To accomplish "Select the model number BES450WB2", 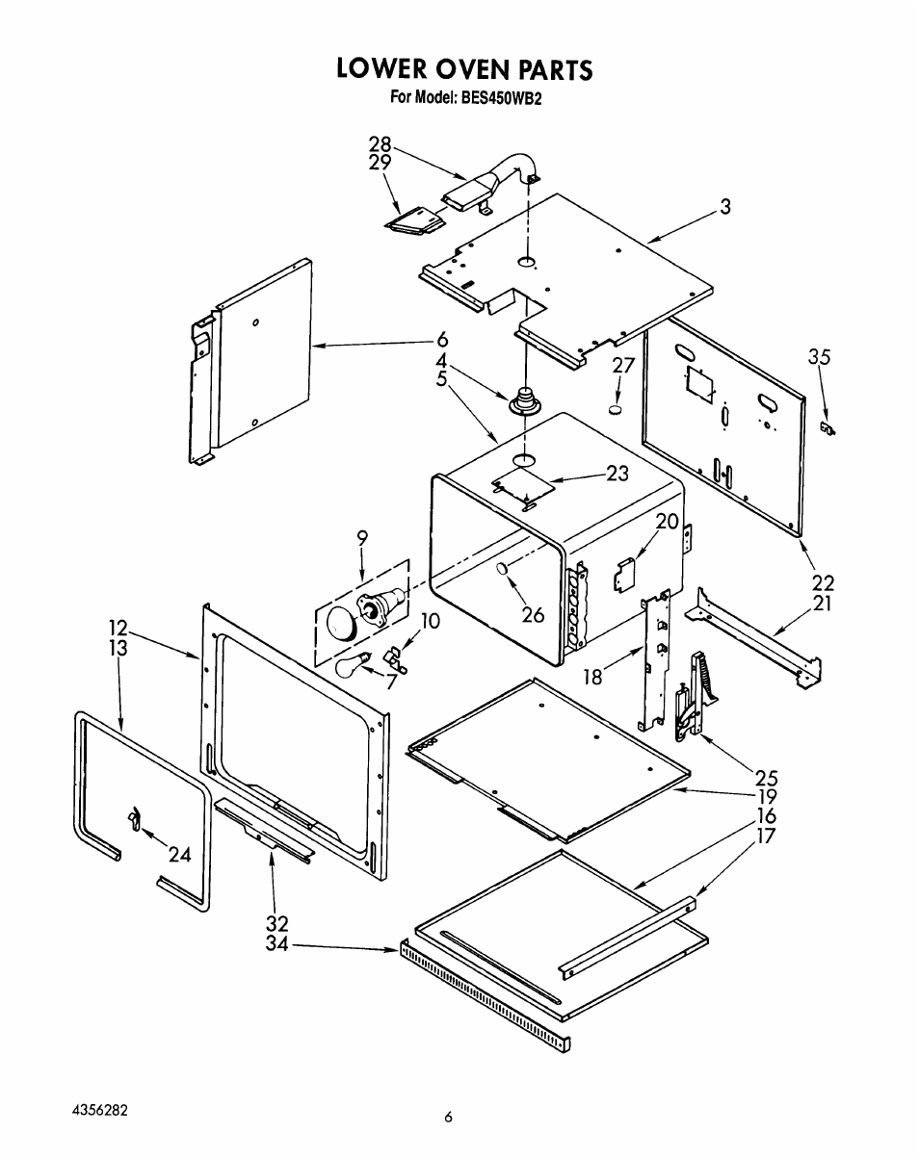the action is (499, 98).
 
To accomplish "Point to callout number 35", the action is (819, 357).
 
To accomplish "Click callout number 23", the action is (617, 474).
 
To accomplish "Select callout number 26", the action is (533, 615).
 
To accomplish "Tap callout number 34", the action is (276, 943).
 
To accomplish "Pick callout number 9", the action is (362, 537).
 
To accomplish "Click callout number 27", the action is (623, 366).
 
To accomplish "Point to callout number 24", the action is (180, 854).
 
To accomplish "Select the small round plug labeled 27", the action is (616, 410).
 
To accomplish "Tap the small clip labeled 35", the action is (827, 428).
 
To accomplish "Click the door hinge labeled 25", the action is (696, 694).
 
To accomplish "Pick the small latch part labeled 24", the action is (134, 818).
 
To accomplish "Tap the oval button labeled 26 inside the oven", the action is (503, 568).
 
